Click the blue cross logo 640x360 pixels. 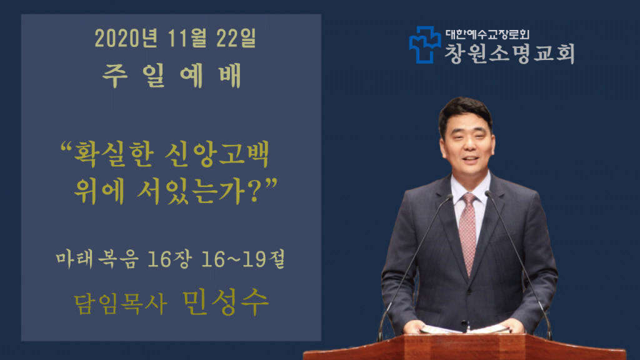coord(424,44)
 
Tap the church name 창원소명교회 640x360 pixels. coord(510,54)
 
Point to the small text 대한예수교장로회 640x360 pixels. coord(487,34)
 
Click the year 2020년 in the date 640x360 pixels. coord(126,38)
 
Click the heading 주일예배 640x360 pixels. coord(172,76)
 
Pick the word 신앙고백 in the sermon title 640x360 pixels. coord(217,155)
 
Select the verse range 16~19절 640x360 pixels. coord(243,259)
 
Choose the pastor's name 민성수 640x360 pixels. coord(226,302)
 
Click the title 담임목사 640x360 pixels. coord(121,304)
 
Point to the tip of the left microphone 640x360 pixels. coord(450,197)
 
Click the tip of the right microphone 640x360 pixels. coord(488,194)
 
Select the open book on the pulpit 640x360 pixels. coord(464,329)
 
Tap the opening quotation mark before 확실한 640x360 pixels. coord(66,146)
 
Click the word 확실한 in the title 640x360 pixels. coord(114,155)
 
